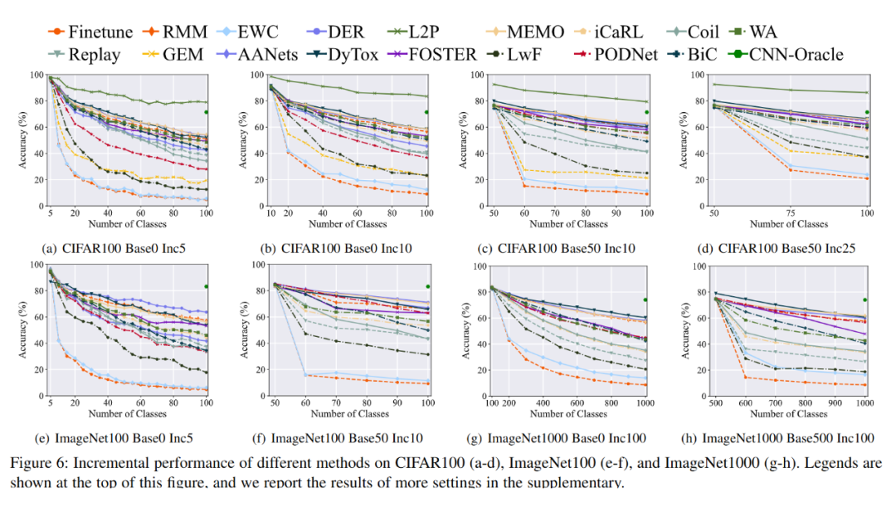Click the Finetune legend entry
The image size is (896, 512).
coord(91,32)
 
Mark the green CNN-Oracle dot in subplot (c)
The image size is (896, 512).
coord(646,112)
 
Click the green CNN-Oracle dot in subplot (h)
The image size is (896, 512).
coord(865,300)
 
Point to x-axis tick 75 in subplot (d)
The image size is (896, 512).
coord(789,212)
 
